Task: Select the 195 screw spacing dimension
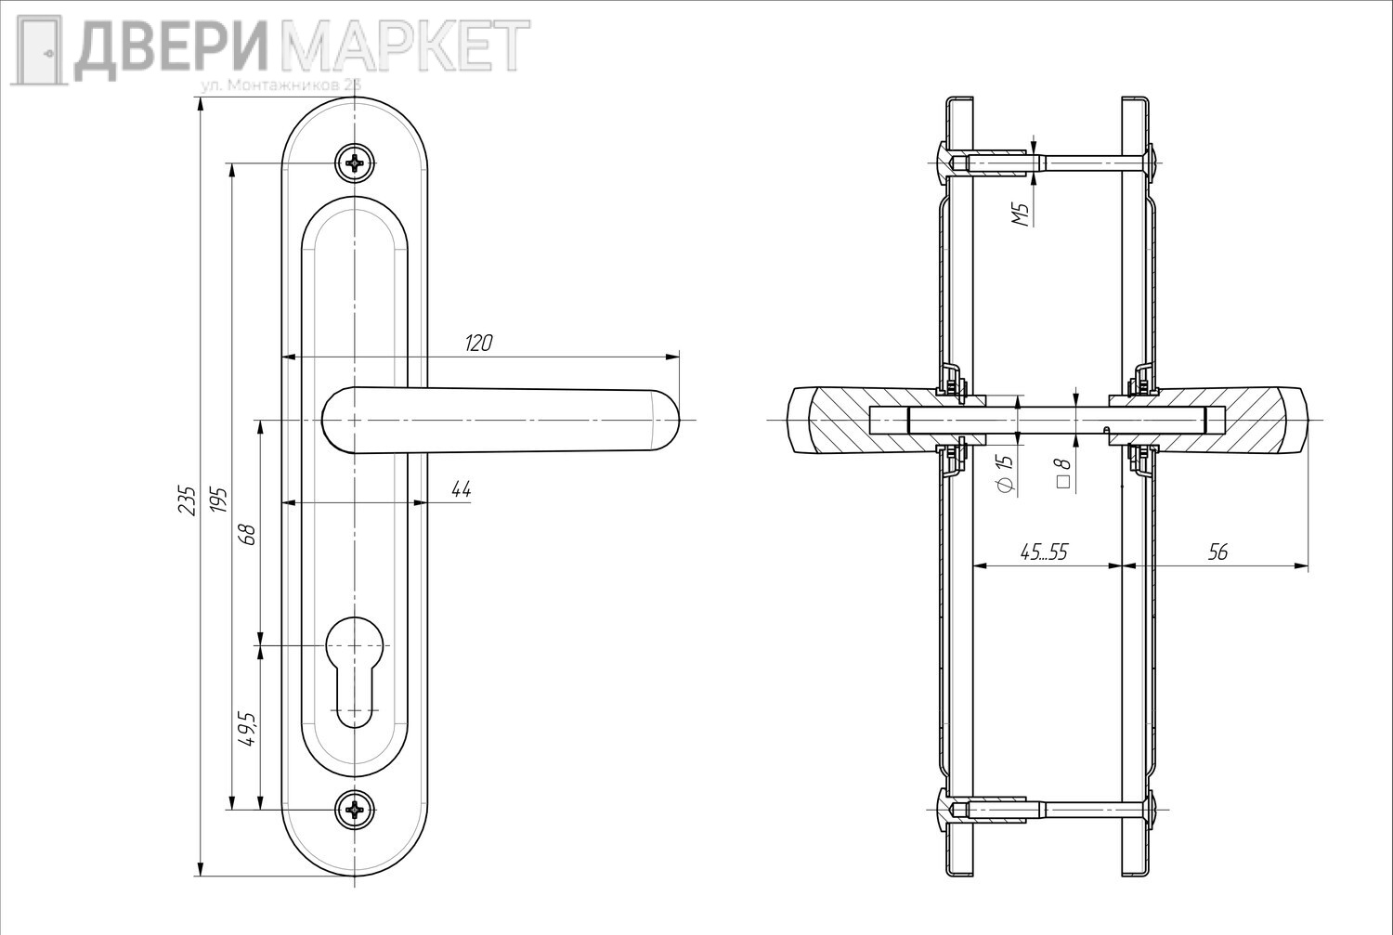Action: click(219, 500)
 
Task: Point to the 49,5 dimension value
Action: click(247, 729)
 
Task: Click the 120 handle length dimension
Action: click(478, 344)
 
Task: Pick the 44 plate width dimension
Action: click(461, 490)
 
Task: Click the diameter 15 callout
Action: click(1004, 474)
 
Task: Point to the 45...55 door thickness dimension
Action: click(1044, 552)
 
